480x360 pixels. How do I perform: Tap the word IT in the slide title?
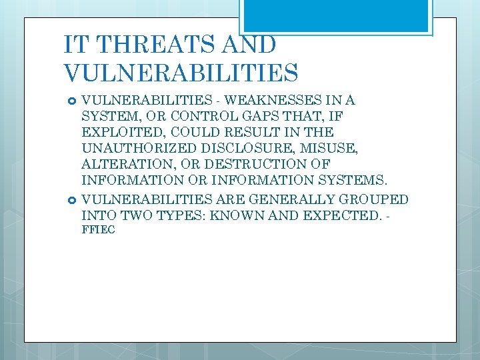click(75, 45)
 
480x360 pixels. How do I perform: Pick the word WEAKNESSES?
click(273, 101)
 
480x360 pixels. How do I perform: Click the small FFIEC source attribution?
click(98, 230)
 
